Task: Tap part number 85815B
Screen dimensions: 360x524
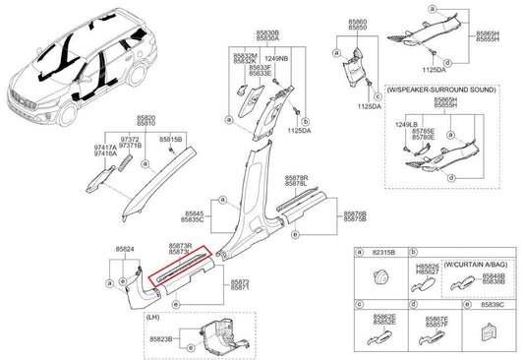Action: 171,141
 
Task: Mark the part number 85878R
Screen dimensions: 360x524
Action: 296,178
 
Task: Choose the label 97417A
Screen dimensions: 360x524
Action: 104,149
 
